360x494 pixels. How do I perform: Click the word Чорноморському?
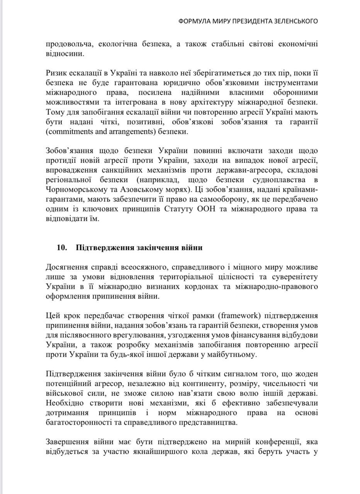[x=76, y=189]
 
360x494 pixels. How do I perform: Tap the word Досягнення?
[x=66, y=267]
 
